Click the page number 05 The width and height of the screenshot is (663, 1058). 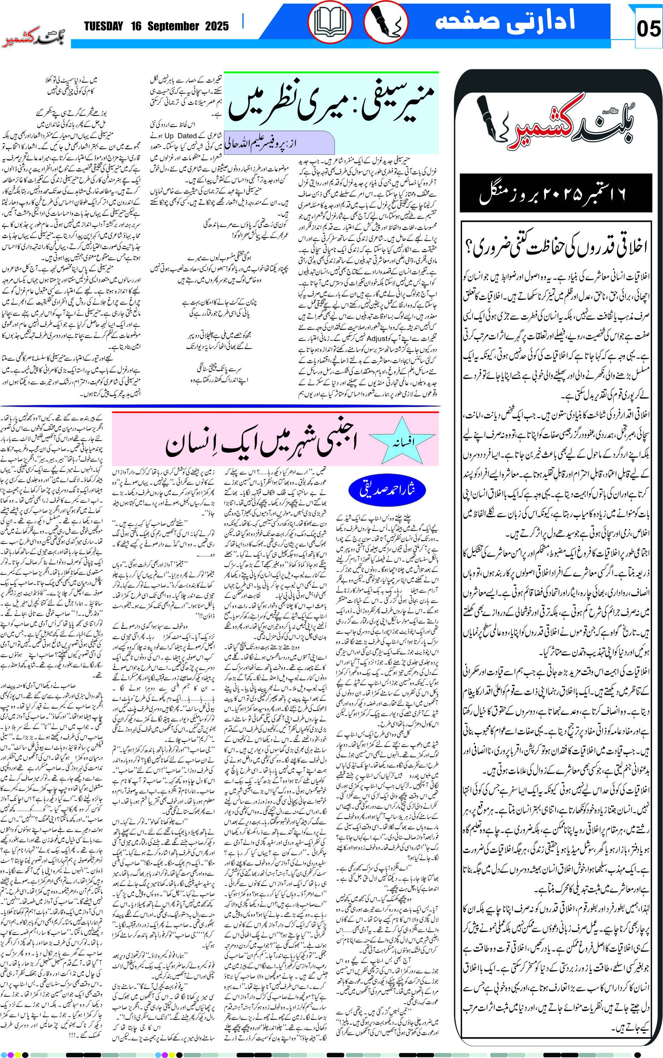[648, 29]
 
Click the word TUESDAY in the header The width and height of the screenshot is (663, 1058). [103, 26]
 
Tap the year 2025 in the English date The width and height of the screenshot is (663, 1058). [217, 26]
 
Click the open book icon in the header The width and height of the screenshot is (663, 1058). [330, 22]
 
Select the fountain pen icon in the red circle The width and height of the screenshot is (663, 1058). [386, 22]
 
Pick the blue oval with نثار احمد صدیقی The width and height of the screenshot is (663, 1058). [387, 490]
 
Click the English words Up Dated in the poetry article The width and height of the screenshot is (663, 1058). [181, 136]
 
